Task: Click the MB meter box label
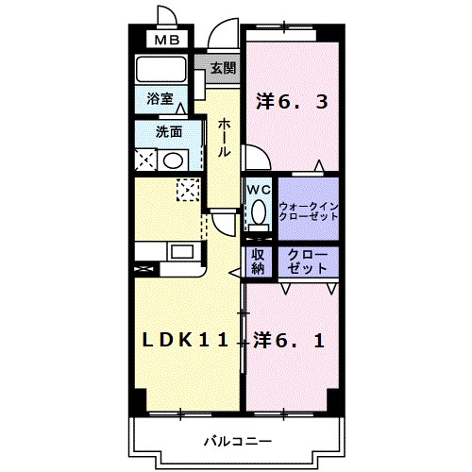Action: [167, 40]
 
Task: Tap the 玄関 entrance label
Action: [223, 68]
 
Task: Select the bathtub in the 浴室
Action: [160, 69]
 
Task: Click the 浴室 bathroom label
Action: [160, 99]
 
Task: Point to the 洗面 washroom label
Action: [169, 132]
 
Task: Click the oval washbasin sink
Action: [173, 160]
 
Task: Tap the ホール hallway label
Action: [225, 138]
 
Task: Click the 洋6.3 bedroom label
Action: [292, 102]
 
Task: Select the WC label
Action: [259, 190]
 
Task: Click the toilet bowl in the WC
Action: [259, 212]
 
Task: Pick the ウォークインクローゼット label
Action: [309, 211]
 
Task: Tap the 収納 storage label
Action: [258, 261]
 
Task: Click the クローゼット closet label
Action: [308, 261]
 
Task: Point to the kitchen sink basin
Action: [181, 252]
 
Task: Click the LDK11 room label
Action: [185, 340]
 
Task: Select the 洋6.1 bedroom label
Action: [289, 341]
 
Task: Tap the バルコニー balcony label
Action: [238, 442]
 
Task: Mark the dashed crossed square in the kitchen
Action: [188, 190]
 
